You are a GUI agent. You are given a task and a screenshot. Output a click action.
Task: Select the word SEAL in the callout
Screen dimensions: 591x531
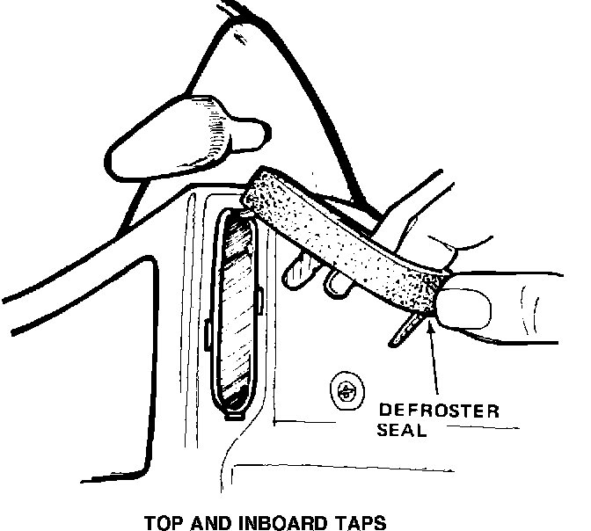pyautogui.click(x=404, y=431)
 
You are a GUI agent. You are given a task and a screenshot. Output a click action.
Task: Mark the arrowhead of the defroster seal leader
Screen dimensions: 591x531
pyautogui.click(x=429, y=327)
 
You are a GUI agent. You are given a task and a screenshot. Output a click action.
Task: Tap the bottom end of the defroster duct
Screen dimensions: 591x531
pyautogui.click(x=235, y=410)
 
